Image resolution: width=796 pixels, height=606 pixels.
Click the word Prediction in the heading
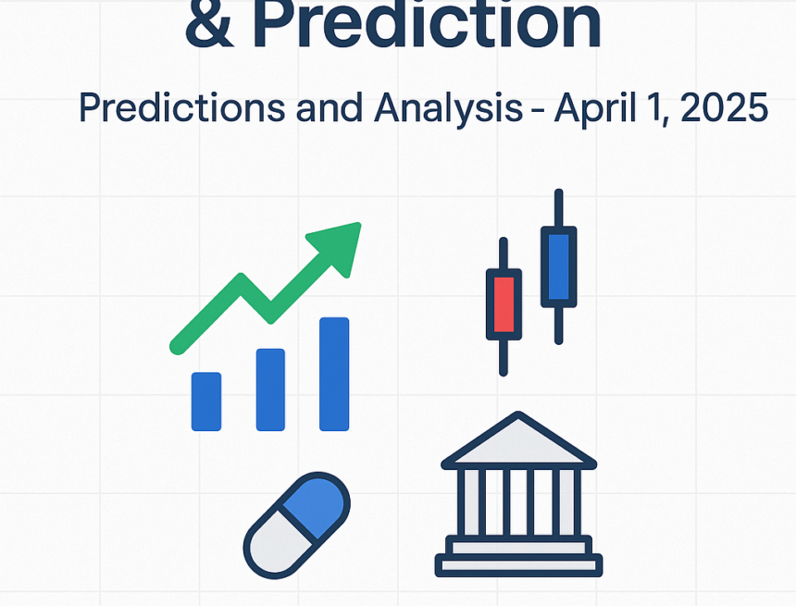click(x=427, y=26)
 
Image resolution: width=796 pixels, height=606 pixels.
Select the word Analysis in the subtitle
click(x=448, y=109)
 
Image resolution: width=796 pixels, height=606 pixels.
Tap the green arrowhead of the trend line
click(x=339, y=245)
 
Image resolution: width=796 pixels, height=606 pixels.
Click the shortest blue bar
click(x=206, y=401)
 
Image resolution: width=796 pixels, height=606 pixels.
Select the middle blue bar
click(x=270, y=389)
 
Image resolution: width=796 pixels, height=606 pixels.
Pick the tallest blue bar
click(x=334, y=374)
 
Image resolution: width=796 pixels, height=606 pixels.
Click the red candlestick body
click(x=504, y=302)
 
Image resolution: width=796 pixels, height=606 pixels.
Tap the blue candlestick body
click(x=558, y=266)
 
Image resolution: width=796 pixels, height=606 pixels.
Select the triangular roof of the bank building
click(x=518, y=442)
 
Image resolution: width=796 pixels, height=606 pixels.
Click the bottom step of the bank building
click(x=518, y=564)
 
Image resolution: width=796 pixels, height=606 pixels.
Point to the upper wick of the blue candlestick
click(x=558, y=207)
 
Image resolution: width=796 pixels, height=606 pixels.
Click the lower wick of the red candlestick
click(x=504, y=355)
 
